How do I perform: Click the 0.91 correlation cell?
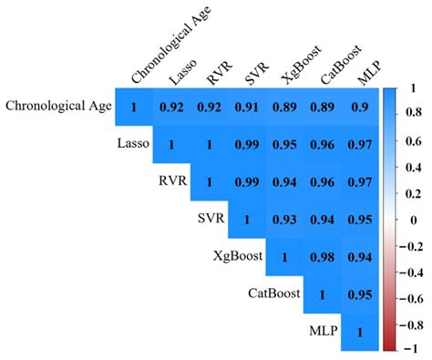coord(245,108)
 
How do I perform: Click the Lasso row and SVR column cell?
coord(245,145)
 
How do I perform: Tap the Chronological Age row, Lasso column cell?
coord(171,108)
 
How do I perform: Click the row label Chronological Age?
coord(58,108)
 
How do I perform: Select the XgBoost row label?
coord(235,257)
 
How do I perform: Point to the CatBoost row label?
coord(274,294)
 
